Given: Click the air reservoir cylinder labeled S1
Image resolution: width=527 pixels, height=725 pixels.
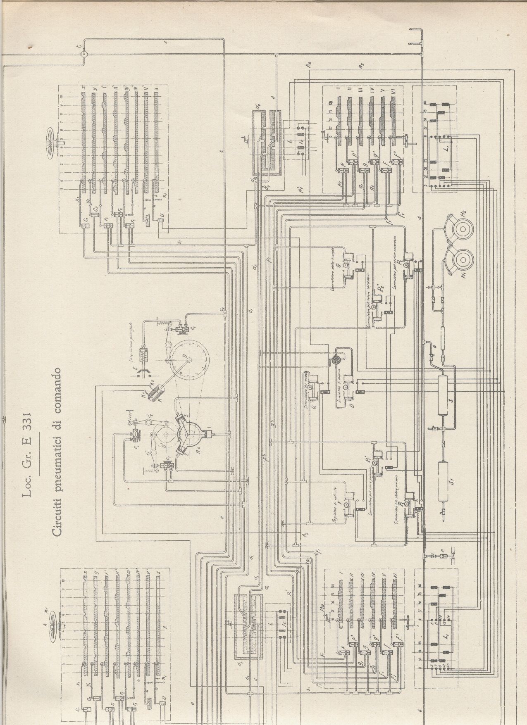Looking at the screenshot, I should pos(444,481).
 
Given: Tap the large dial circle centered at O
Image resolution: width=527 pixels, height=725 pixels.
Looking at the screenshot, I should pos(188,359).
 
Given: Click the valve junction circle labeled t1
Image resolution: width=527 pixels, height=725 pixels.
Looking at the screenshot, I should pos(83,53).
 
